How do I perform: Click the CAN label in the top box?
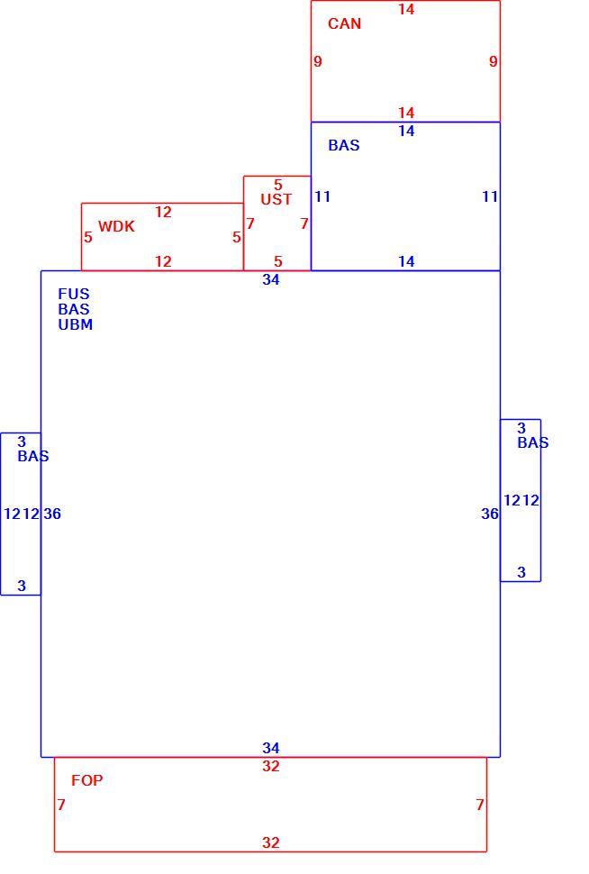344,23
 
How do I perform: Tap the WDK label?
116,226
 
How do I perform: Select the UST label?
276,199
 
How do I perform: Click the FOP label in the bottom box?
87,780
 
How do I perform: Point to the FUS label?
74,294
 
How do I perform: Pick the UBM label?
76,324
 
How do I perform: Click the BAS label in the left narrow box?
33,456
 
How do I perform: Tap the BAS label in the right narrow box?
533,442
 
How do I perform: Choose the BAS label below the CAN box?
344,145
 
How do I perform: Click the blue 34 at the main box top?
271,280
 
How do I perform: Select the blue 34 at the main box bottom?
271,748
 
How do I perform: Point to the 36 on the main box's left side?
52,514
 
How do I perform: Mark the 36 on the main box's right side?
490,514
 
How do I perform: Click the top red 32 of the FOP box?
271,767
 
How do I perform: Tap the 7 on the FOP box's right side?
480,805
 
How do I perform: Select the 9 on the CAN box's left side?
318,61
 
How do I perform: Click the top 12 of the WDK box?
163,212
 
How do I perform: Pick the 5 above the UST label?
278,185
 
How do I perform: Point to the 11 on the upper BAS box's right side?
490,196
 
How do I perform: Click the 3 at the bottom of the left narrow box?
22,586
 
